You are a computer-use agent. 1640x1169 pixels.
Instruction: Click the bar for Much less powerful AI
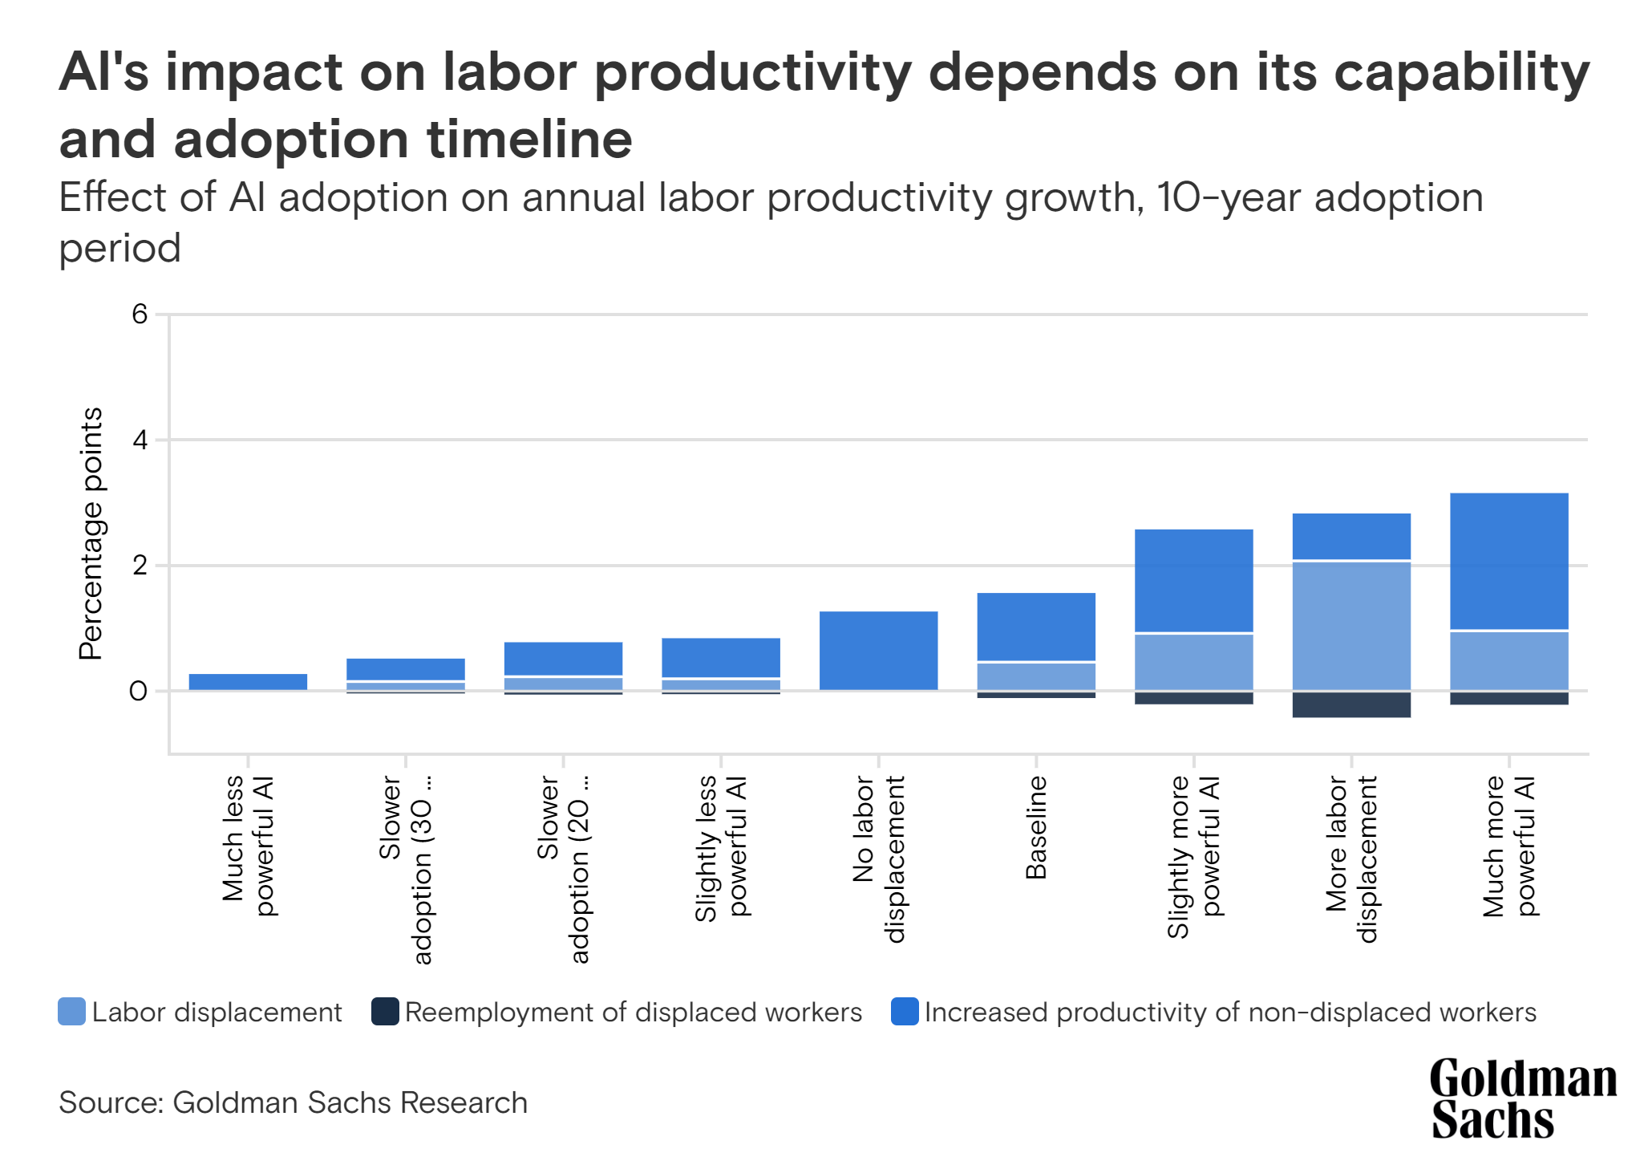pyautogui.click(x=248, y=681)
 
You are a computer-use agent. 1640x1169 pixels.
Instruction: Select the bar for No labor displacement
pyautogui.click(x=878, y=650)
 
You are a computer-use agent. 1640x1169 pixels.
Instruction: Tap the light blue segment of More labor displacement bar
pyautogui.click(x=1351, y=625)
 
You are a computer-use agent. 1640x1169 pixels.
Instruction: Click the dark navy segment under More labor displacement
pyautogui.click(x=1351, y=704)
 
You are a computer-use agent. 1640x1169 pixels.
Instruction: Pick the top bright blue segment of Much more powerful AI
pyautogui.click(x=1508, y=561)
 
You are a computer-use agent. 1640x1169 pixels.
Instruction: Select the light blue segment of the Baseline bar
pyautogui.click(x=1036, y=676)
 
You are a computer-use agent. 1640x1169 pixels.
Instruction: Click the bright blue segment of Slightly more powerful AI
pyautogui.click(x=1193, y=580)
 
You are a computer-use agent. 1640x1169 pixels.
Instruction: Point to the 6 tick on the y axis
pyautogui.click(x=140, y=314)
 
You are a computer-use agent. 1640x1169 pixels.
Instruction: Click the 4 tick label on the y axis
pyautogui.click(x=140, y=440)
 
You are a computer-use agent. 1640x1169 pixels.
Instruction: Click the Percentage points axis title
pyautogui.click(x=91, y=534)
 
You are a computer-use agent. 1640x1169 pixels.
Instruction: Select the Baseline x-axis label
pyautogui.click(x=1036, y=827)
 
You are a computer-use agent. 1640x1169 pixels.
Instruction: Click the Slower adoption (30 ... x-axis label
pyautogui.click(x=405, y=868)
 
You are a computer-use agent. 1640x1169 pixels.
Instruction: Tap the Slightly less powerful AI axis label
pyautogui.click(x=720, y=848)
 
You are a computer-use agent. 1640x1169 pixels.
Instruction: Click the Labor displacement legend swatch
pyautogui.click(x=71, y=1012)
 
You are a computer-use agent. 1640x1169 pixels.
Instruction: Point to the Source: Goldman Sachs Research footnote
pyautogui.click(x=293, y=1102)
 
